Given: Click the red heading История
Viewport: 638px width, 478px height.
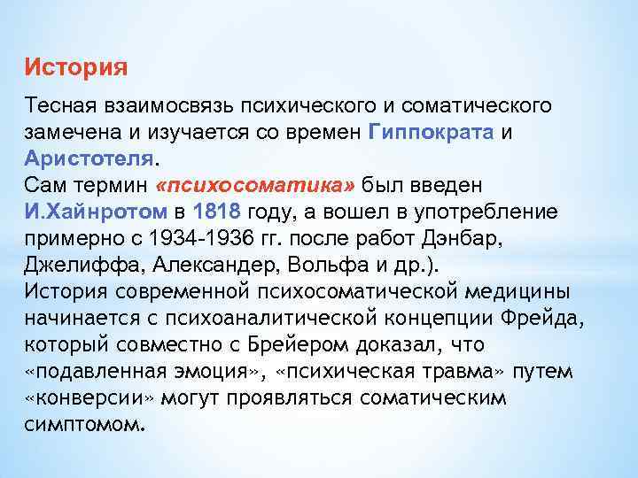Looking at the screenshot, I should point(76,67).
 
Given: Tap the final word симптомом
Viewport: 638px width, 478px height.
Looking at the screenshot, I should point(83,424).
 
